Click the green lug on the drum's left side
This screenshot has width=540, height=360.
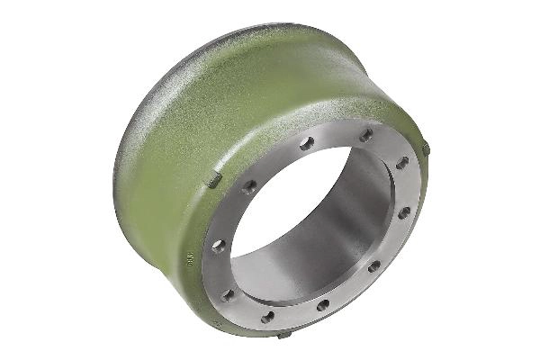tap(214, 181)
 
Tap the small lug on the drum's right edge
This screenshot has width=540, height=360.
tap(426, 148)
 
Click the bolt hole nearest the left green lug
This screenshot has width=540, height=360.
tap(249, 185)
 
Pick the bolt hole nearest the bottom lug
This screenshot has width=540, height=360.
tap(268, 316)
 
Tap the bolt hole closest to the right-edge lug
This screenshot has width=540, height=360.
tap(402, 163)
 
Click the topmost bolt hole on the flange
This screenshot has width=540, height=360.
tap(366, 135)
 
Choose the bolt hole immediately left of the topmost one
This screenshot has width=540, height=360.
tap(307, 143)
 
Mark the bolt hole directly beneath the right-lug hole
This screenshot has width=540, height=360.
tap(404, 213)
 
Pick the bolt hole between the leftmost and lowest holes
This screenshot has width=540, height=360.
tap(228, 294)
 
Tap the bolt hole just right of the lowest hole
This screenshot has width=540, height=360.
tap(322, 305)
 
